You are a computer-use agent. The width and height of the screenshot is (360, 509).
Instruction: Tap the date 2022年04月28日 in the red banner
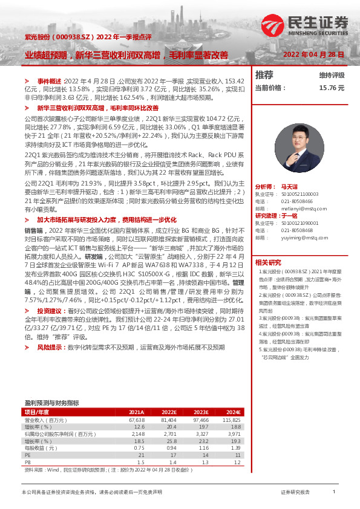(313, 54)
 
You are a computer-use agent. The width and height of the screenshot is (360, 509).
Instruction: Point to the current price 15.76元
(331, 87)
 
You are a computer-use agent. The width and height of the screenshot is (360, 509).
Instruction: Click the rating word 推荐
(264, 75)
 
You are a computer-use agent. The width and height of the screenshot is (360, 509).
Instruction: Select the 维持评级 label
(332, 76)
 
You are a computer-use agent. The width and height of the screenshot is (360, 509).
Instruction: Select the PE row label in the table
(28, 455)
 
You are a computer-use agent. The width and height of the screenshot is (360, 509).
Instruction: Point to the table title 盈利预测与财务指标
(51, 403)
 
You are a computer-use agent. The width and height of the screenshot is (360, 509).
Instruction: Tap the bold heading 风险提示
(50, 348)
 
